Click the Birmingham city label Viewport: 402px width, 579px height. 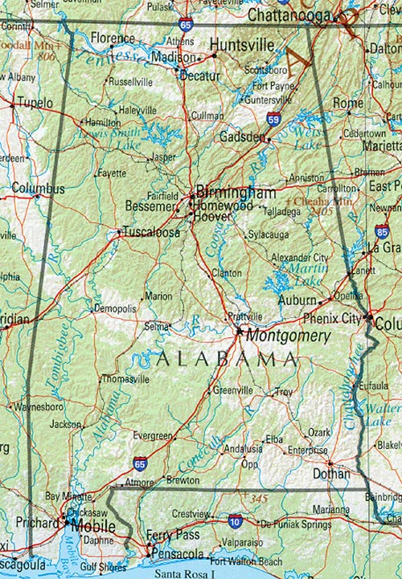[x=236, y=194]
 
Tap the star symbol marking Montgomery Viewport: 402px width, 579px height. [x=239, y=329]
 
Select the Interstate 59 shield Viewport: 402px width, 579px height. [x=274, y=120]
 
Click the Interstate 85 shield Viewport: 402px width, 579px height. [x=382, y=232]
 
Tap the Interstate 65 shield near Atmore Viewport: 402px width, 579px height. [x=141, y=464]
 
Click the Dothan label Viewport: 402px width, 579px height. [x=332, y=474]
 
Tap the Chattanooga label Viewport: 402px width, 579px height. [x=290, y=15]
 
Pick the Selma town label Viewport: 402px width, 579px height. [x=157, y=327]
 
